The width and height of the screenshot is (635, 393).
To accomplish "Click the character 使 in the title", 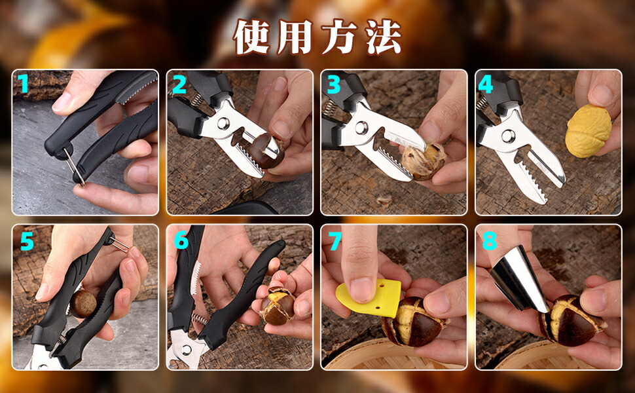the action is point(252,37).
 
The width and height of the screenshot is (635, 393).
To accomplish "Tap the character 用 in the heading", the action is point(295,37).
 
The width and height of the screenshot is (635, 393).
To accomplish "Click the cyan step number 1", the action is point(23,84).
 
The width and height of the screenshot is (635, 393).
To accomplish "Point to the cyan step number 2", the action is point(179,84).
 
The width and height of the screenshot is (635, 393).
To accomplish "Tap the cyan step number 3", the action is point(334,84).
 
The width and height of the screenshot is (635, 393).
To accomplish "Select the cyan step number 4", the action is point(486,84).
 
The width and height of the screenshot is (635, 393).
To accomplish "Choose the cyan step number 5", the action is point(27,242).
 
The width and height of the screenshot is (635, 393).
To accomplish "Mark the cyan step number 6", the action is point(181,240).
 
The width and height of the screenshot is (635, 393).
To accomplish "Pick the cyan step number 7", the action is point(335,242).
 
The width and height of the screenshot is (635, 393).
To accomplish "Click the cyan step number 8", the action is point(489,240).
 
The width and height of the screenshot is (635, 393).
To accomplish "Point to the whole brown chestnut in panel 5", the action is point(83,303).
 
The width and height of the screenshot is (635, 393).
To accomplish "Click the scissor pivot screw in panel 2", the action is point(223,123).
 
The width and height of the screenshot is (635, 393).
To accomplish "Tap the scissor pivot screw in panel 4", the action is point(508,136).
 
